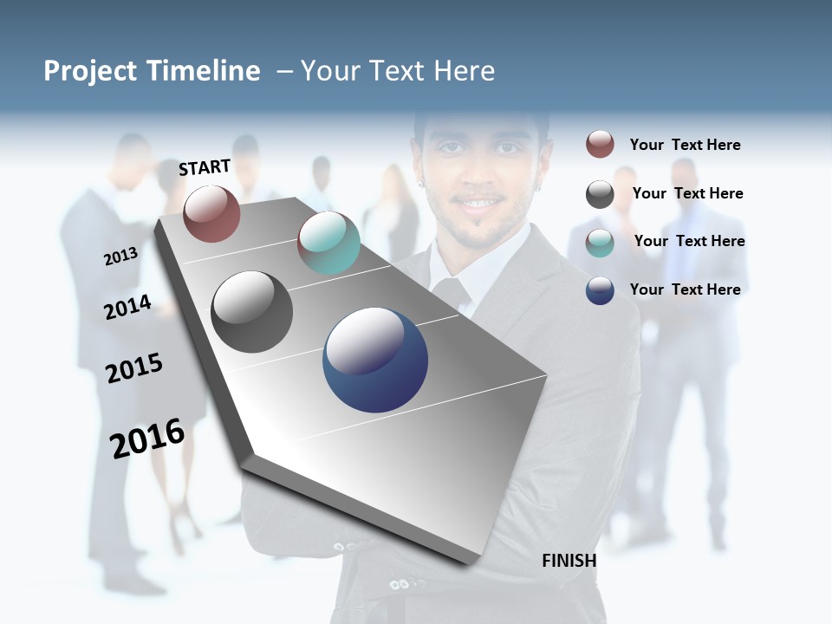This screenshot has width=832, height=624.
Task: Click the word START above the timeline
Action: click(205, 167)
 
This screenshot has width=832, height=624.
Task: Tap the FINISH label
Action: click(569, 561)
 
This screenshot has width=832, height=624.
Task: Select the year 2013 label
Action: click(120, 257)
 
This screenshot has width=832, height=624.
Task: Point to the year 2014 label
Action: click(127, 308)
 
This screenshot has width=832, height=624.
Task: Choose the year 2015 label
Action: click(134, 368)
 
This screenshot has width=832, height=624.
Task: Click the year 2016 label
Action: click(147, 438)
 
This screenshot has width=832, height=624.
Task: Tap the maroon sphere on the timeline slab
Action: click(211, 213)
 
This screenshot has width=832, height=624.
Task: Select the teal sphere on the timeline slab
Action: click(328, 242)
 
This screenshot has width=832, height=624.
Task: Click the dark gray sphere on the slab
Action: click(251, 311)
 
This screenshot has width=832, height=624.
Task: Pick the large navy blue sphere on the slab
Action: click(375, 360)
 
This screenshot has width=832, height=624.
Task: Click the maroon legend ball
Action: click(600, 144)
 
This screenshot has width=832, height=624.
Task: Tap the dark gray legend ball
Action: click(600, 194)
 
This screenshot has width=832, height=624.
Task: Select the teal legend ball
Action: click(600, 243)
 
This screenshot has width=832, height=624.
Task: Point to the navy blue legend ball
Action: click(600, 290)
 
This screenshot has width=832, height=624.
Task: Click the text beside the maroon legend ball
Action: click(685, 145)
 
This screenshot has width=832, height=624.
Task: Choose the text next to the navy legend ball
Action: click(685, 289)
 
